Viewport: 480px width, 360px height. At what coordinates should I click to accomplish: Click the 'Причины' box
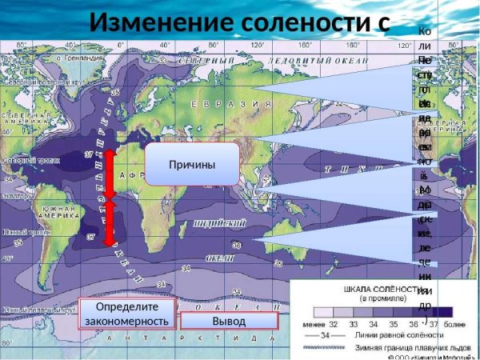pyautogui.click(x=192, y=164)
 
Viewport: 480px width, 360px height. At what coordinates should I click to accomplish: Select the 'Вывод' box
pyautogui.click(x=229, y=321)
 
